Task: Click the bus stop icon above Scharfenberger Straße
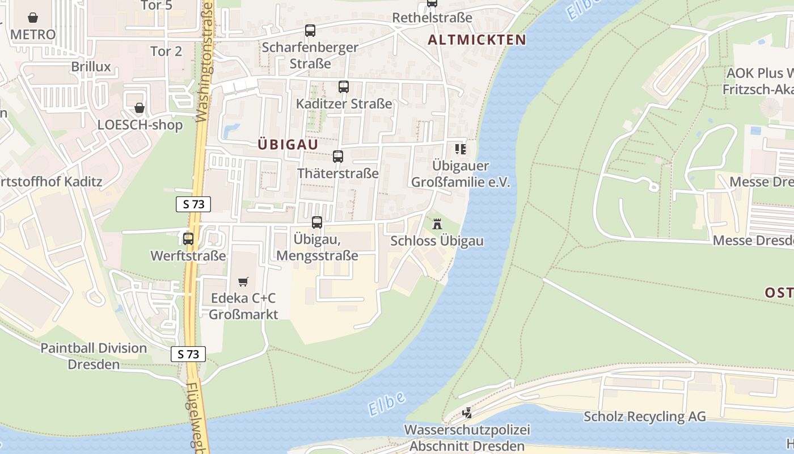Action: point(310,31)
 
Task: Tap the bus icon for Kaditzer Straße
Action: point(343,87)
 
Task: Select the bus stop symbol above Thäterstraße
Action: point(338,157)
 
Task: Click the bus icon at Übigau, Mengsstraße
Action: point(317,222)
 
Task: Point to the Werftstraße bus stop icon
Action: point(188,239)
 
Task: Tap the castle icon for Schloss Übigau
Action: point(437,224)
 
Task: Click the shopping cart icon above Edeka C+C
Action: point(243,281)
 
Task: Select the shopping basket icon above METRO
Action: point(33,18)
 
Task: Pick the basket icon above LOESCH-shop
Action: point(139,108)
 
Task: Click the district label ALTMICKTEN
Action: point(477,40)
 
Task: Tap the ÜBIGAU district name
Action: point(288,145)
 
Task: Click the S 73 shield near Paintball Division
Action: point(188,354)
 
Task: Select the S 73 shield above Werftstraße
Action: point(193,204)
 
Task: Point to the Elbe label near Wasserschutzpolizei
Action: point(386,403)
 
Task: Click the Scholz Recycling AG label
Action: point(645,417)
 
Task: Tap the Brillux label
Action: point(91,66)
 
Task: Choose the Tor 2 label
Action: point(166,51)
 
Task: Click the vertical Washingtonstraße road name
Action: point(204,62)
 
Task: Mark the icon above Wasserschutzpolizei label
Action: point(467,413)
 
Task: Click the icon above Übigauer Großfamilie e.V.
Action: point(461,149)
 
